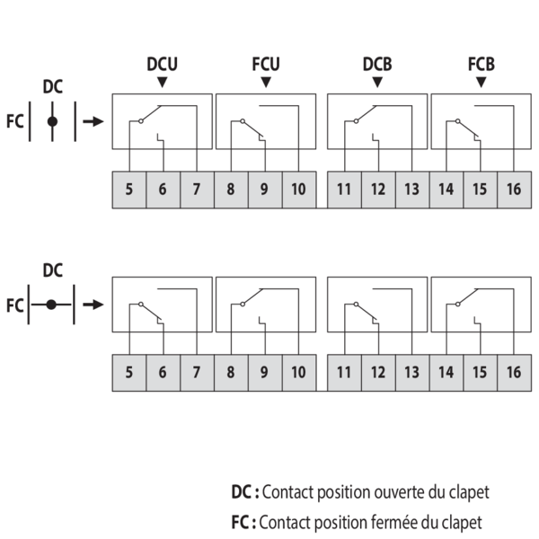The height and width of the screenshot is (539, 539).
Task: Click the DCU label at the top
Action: tap(162, 65)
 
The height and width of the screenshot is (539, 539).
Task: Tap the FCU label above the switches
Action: tap(266, 65)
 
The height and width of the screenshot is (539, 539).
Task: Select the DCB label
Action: tap(376, 65)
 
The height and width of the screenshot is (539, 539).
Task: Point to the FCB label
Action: tap(481, 65)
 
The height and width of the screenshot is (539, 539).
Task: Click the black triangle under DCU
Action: tap(162, 83)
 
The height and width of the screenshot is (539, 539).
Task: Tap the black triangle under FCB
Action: tap(481, 83)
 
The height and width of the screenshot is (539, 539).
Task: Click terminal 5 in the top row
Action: tap(129, 190)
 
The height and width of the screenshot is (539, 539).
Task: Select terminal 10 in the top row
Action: tap(298, 190)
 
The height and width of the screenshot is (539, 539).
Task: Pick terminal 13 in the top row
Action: tap(411, 190)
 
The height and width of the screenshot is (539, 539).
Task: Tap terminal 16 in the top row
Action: tap(514, 190)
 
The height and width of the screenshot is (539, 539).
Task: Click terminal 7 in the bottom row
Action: tap(197, 372)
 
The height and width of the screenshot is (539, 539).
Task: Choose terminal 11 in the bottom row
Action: tap(344, 372)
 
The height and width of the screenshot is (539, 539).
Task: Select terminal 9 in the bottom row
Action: tap(264, 372)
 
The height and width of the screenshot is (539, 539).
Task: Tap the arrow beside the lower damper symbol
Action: tap(93, 305)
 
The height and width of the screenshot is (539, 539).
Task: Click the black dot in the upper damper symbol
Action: tap(52, 121)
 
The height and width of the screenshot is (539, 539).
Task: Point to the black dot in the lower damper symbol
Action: tap(52, 305)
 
